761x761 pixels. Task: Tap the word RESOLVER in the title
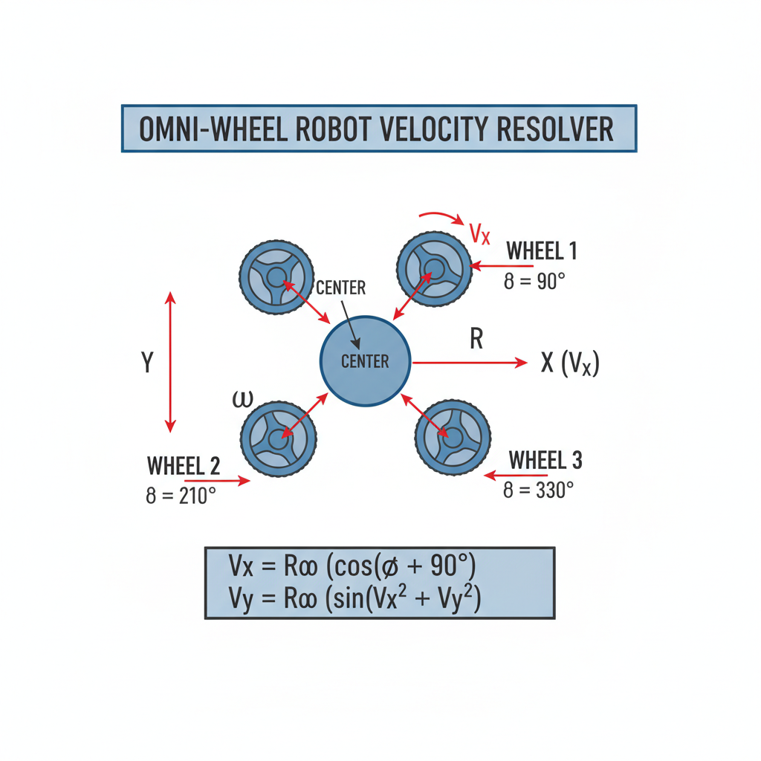coord(555,129)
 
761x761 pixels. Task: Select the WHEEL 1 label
coord(542,251)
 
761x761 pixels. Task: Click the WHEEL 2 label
coord(184,466)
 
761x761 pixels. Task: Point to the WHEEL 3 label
coord(545,460)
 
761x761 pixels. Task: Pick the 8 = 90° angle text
coord(534,282)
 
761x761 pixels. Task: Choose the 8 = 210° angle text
coord(181,496)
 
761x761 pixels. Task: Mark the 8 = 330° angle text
coord(538,490)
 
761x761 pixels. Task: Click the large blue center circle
coord(366,361)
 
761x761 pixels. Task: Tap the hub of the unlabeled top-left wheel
coord(276,277)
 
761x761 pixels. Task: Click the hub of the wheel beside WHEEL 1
coord(434,269)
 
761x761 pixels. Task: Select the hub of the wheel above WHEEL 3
coord(453,438)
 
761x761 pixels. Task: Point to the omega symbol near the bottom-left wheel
coord(243,399)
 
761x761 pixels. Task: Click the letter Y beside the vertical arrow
coord(147,362)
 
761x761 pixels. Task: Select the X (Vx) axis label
coord(570,363)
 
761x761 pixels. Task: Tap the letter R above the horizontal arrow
coord(476,339)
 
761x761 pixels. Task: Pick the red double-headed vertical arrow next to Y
coord(170,362)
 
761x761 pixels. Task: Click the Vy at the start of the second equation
coord(241,598)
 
